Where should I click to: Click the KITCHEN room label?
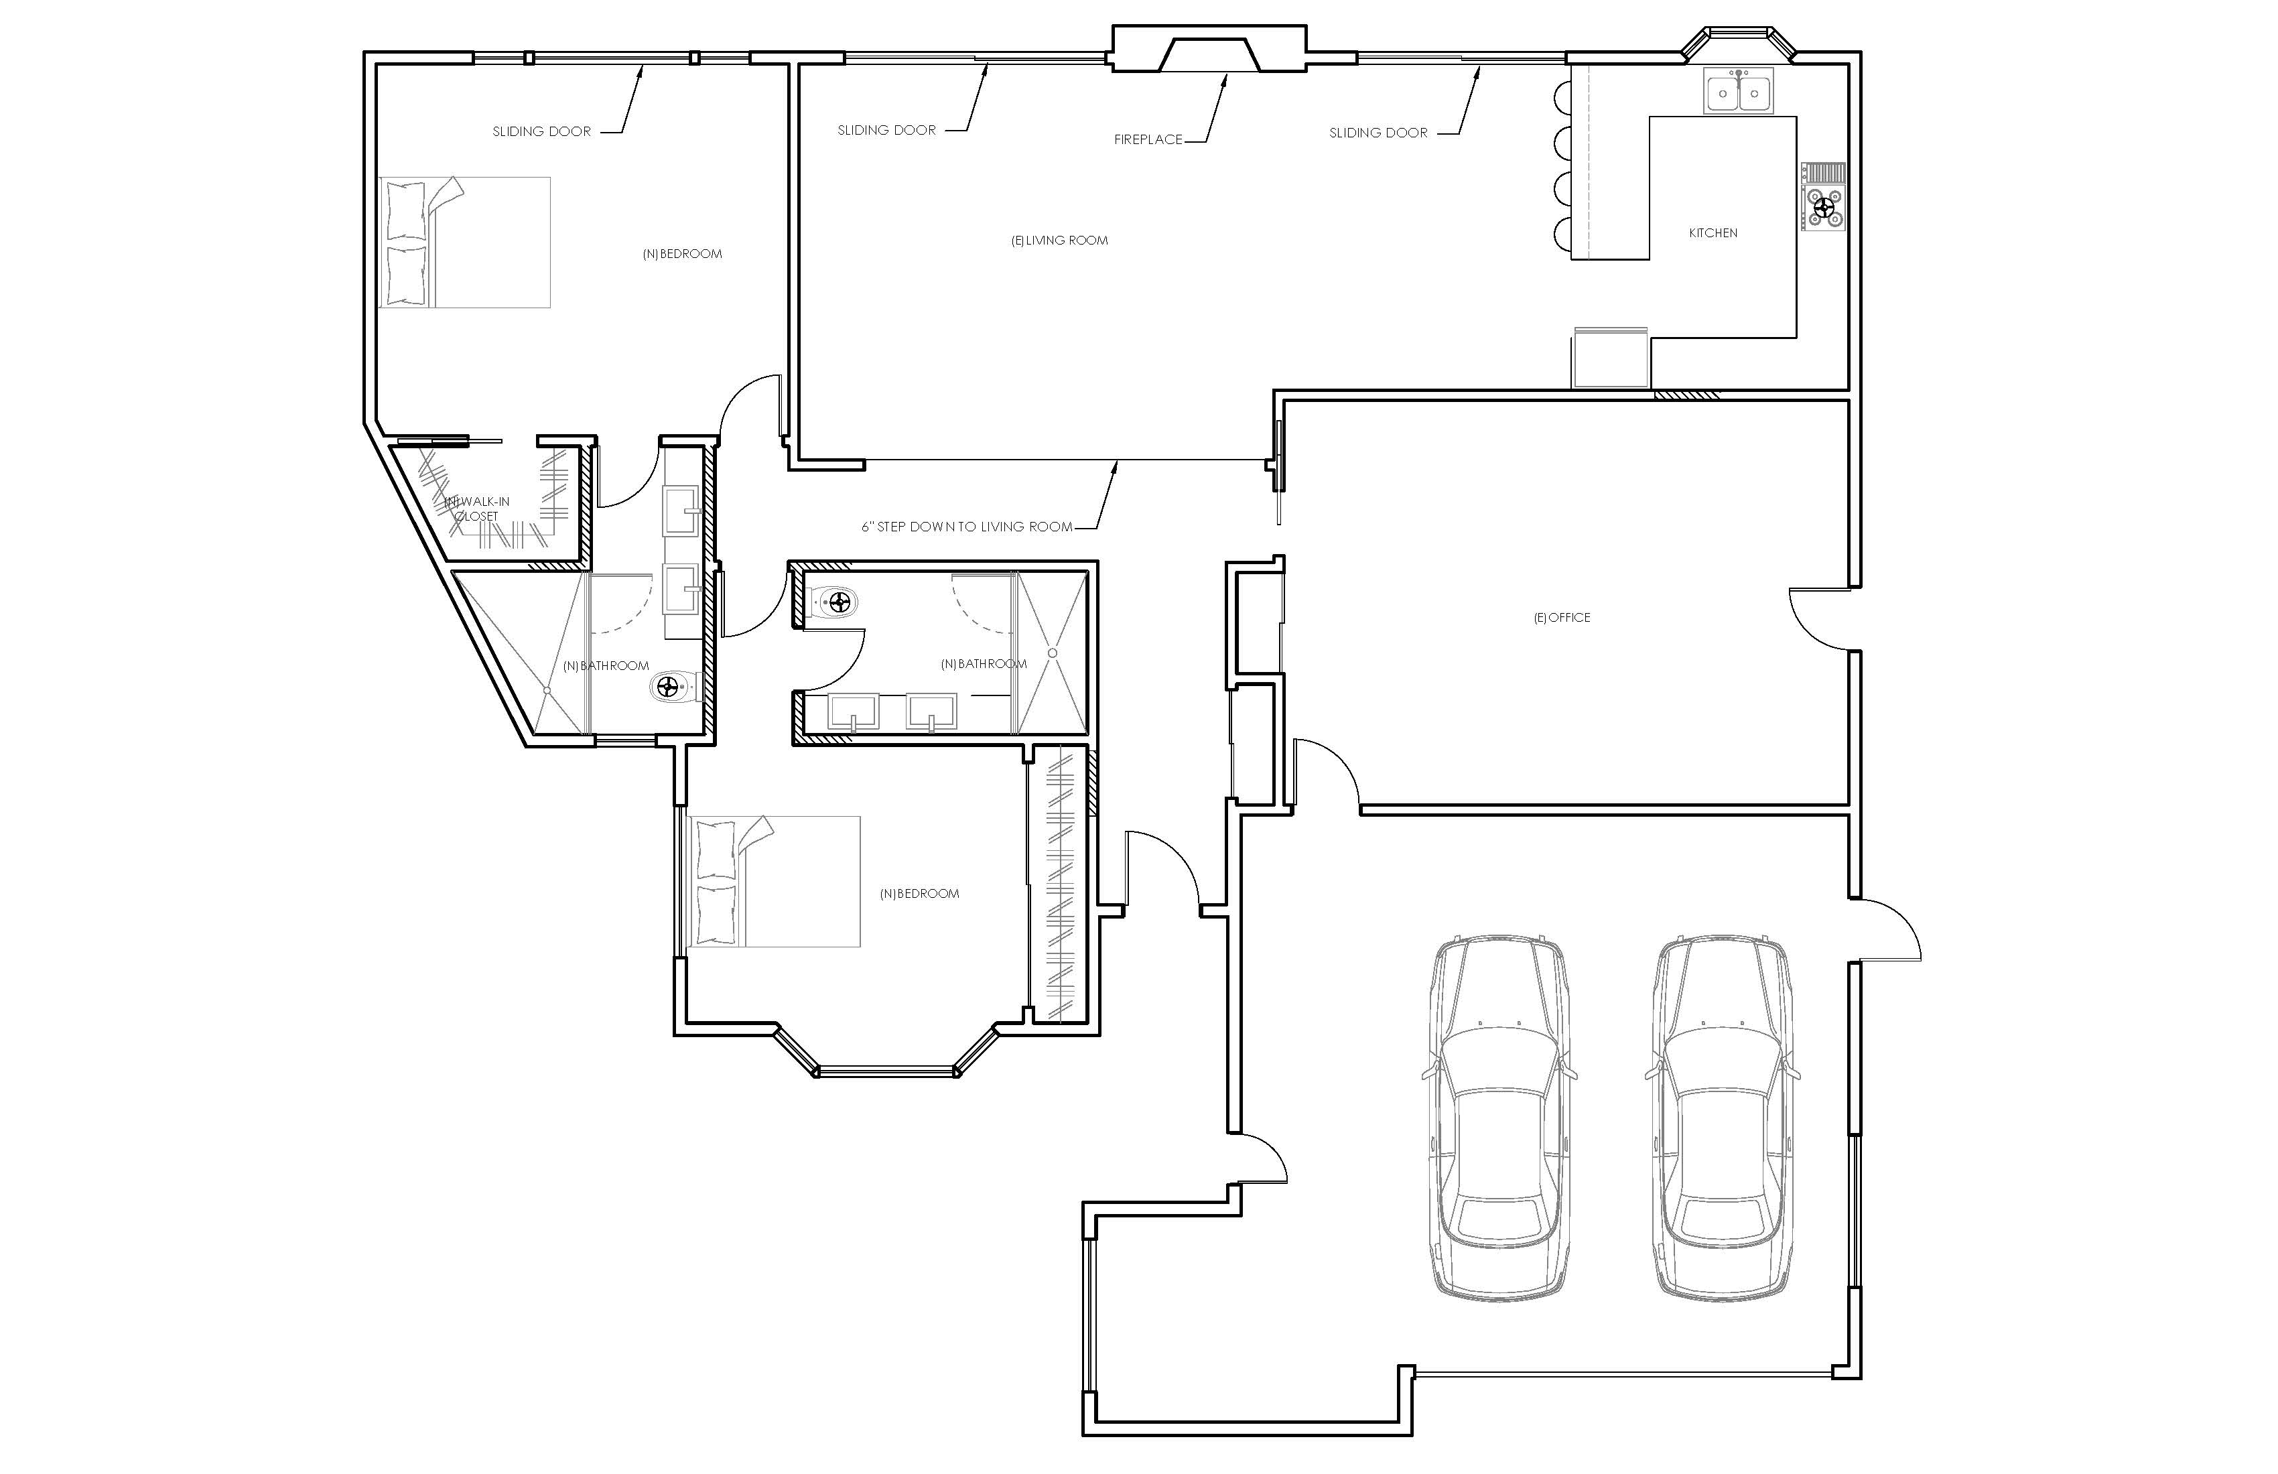tap(1713, 232)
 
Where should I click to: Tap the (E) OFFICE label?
tap(1562, 617)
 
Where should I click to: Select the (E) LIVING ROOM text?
tap(1059, 241)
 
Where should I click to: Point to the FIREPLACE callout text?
tap(1148, 140)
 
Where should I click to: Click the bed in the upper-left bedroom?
tap(465, 242)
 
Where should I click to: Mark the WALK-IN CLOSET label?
tap(476, 509)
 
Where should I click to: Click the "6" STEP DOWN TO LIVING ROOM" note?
tap(967, 527)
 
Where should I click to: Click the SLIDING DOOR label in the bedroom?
tap(542, 131)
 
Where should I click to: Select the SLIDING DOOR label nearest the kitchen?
tap(1378, 133)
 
